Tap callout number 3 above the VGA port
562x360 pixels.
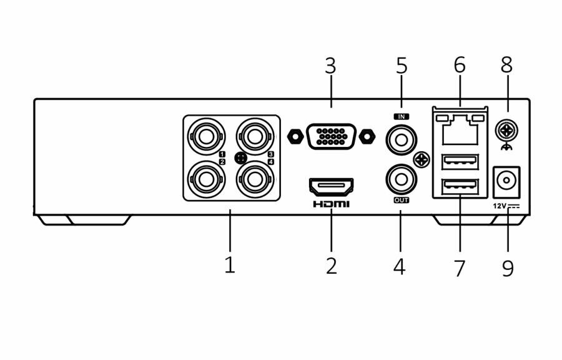331,65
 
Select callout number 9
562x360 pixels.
508,268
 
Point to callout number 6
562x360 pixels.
460,64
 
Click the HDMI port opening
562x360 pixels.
331,186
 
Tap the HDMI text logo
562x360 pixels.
331,204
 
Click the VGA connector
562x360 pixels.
331,136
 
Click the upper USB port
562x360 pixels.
460,162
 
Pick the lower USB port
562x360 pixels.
460,187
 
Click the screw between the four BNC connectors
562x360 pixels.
241,157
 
